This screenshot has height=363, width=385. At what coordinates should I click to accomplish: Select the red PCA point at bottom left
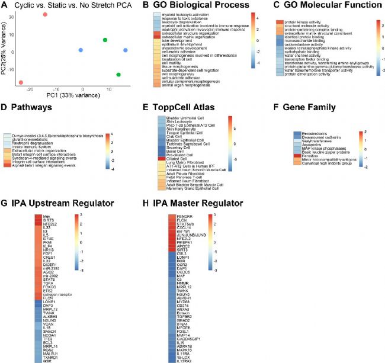pos(21,83)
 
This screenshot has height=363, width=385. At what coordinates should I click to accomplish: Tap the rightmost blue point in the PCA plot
pos(125,50)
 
